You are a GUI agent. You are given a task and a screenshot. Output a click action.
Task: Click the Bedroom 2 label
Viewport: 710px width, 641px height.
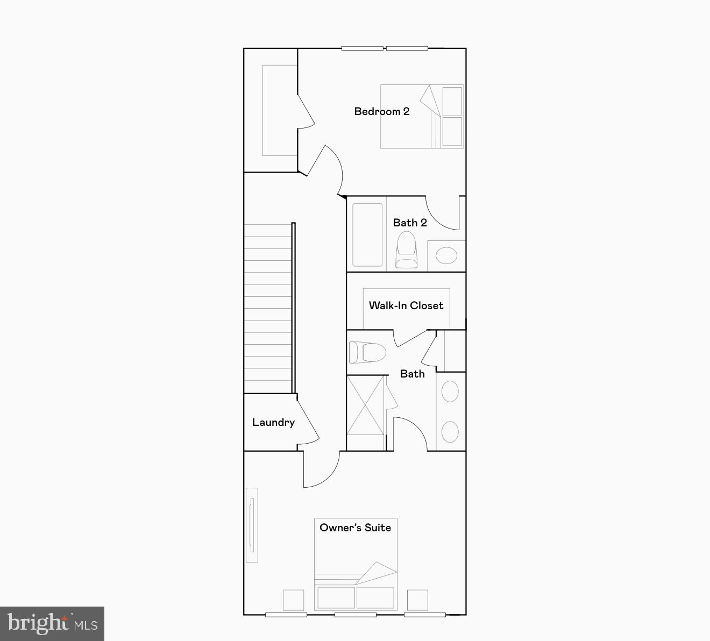381,111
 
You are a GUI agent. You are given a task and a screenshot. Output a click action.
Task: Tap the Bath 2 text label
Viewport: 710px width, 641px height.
409,223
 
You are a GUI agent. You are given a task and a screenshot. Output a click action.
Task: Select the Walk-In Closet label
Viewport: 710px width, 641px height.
406,305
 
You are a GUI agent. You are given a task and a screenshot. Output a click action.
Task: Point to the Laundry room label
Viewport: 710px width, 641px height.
273,422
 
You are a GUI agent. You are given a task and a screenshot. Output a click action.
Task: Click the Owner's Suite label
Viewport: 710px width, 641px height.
355,528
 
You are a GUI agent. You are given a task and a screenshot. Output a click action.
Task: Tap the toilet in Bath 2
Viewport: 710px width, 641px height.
406,250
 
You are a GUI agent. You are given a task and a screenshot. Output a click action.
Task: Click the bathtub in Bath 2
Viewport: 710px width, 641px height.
367,234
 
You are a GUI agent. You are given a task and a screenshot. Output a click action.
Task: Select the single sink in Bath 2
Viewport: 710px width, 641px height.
446,255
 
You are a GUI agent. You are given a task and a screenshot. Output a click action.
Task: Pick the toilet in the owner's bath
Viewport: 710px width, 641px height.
367,353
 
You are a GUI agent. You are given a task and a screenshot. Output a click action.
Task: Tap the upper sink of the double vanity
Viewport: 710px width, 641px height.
450,392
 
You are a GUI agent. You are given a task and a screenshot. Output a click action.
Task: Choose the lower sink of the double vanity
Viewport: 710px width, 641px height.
450,432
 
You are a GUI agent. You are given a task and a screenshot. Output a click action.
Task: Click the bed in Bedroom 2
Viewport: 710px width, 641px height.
422,116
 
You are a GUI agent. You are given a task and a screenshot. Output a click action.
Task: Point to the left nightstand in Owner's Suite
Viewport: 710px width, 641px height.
293,600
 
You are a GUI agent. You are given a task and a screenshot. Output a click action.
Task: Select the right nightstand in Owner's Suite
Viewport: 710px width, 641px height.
417,600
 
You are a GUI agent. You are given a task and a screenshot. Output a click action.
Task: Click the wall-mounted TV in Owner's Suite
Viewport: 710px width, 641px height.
251,525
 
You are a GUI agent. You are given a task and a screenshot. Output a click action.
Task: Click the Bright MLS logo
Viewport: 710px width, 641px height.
52,624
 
